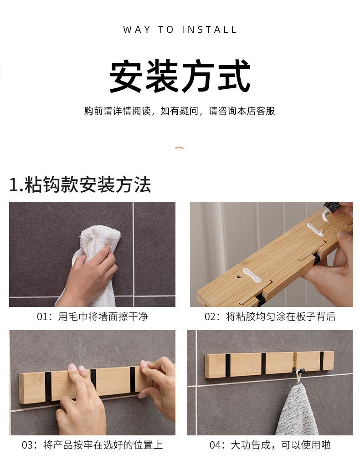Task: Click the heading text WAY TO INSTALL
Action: [180, 30]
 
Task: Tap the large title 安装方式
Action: [180, 76]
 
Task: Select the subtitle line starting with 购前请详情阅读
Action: [180, 111]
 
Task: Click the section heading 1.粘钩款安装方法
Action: [80, 184]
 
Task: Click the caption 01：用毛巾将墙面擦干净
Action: [93, 317]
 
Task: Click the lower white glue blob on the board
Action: [251, 275]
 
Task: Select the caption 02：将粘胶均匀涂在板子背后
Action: [270, 317]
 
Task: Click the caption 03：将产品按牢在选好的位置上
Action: [93, 445]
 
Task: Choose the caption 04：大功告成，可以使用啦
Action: [270, 445]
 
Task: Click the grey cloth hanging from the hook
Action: [296, 409]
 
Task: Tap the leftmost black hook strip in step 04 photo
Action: [228, 365]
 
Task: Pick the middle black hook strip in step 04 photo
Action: [264, 363]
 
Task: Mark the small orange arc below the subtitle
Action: [180, 148]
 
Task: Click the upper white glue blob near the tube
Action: [315, 230]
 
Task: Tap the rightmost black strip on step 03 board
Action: [133, 380]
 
